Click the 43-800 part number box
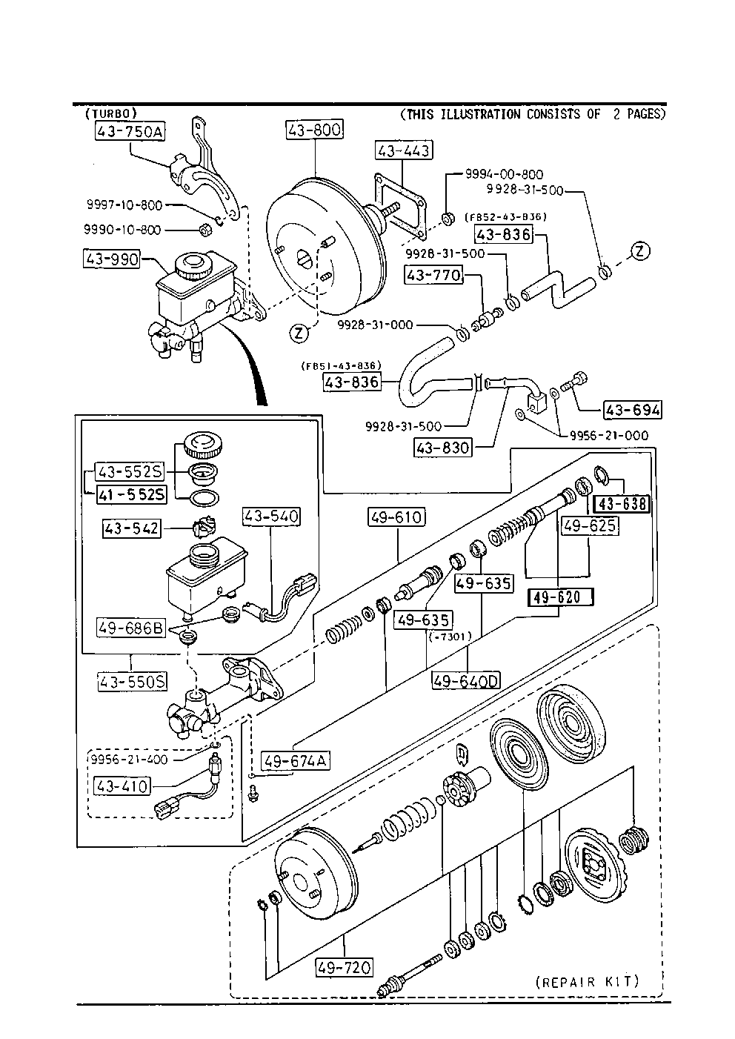click(x=314, y=130)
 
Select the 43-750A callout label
click(x=130, y=132)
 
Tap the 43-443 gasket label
click(x=403, y=150)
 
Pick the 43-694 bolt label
click(x=632, y=409)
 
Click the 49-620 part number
click(x=560, y=597)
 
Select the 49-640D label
click(x=467, y=680)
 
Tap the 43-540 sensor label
click(x=272, y=516)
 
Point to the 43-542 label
click(x=132, y=528)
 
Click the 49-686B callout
click(x=130, y=628)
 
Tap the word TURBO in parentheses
click(x=111, y=113)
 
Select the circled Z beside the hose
click(x=641, y=251)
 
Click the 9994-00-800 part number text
click(x=504, y=174)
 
